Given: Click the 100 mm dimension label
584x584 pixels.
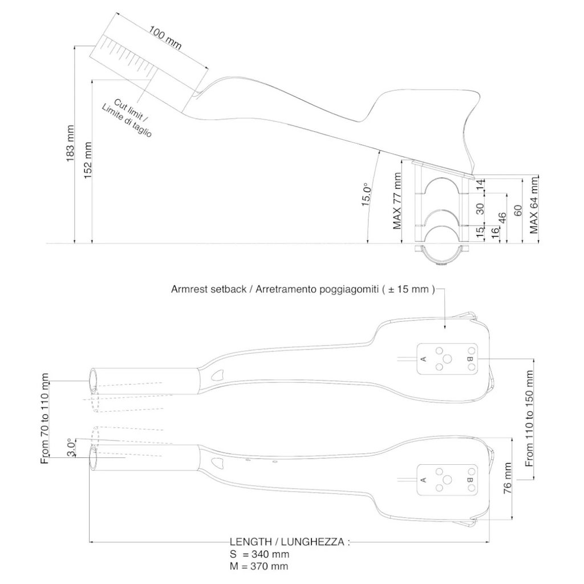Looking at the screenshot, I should click(x=166, y=38).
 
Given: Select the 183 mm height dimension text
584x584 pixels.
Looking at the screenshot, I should click(x=71, y=144).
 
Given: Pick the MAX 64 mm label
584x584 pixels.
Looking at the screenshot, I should click(x=534, y=204).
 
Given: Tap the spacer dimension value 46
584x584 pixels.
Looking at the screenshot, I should click(x=502, y=220).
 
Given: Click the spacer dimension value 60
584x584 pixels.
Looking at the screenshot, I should click(x=518, y=210).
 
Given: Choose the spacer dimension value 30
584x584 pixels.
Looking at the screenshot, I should click(x=480, y=209).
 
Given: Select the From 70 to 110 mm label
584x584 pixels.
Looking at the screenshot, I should click(x=45, y=419).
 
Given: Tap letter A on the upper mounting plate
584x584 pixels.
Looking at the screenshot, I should click(x=423, y=359).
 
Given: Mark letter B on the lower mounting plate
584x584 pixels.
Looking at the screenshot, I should click(x=469, y=480).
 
